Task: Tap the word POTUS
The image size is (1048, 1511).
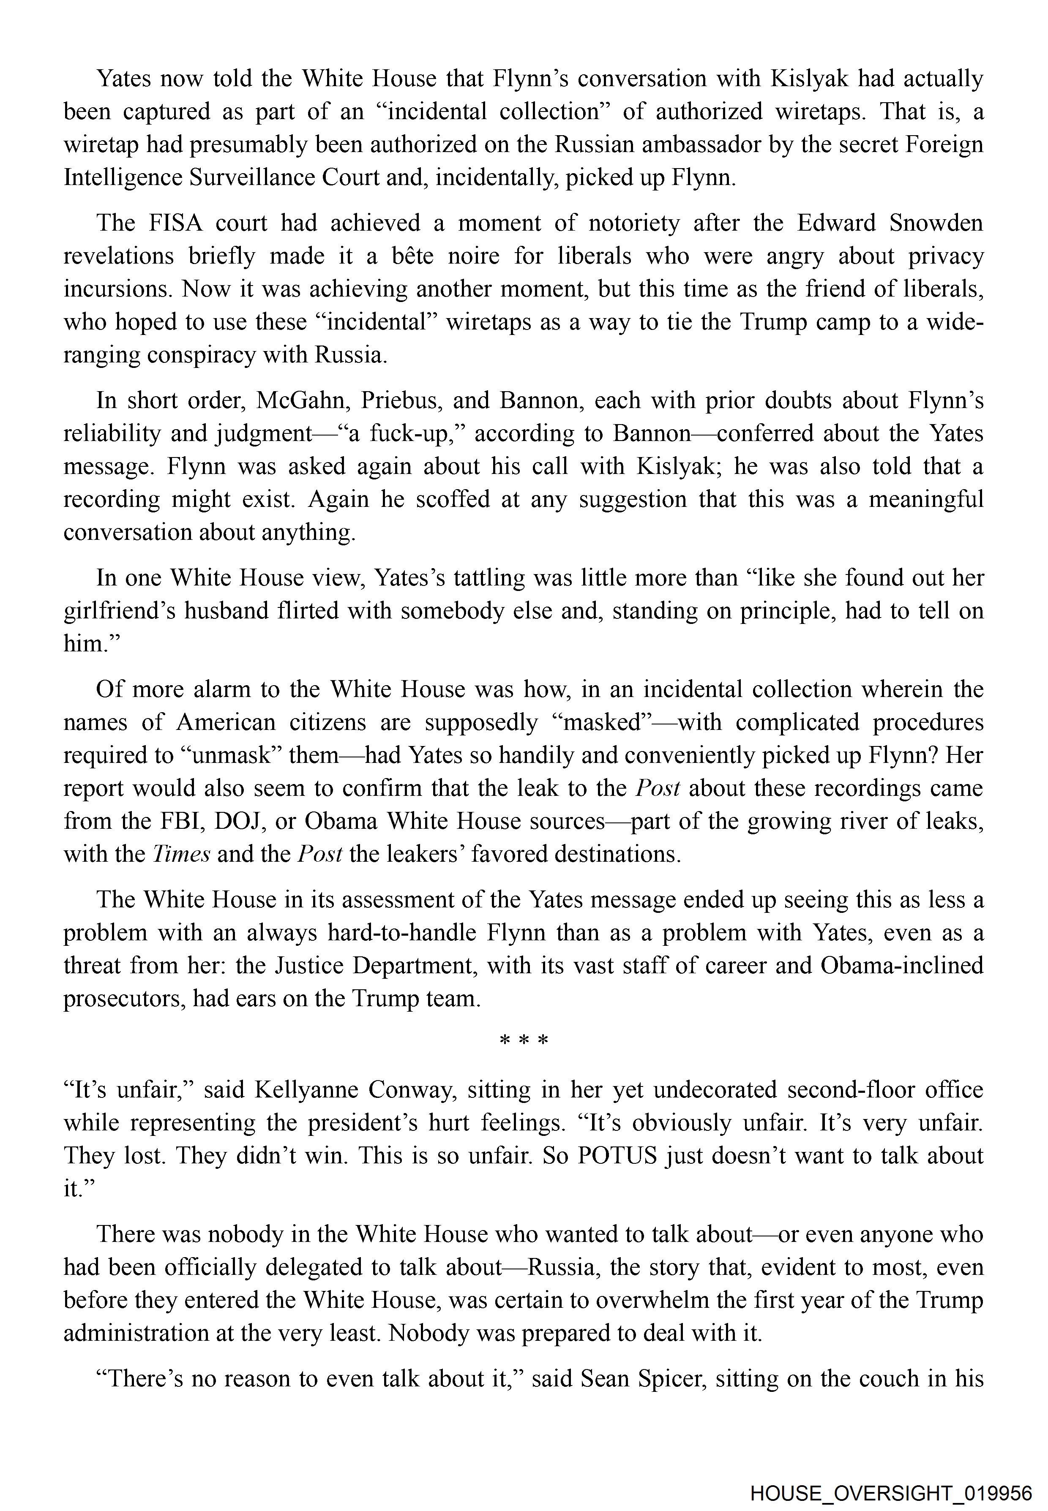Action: (617, 1155)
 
